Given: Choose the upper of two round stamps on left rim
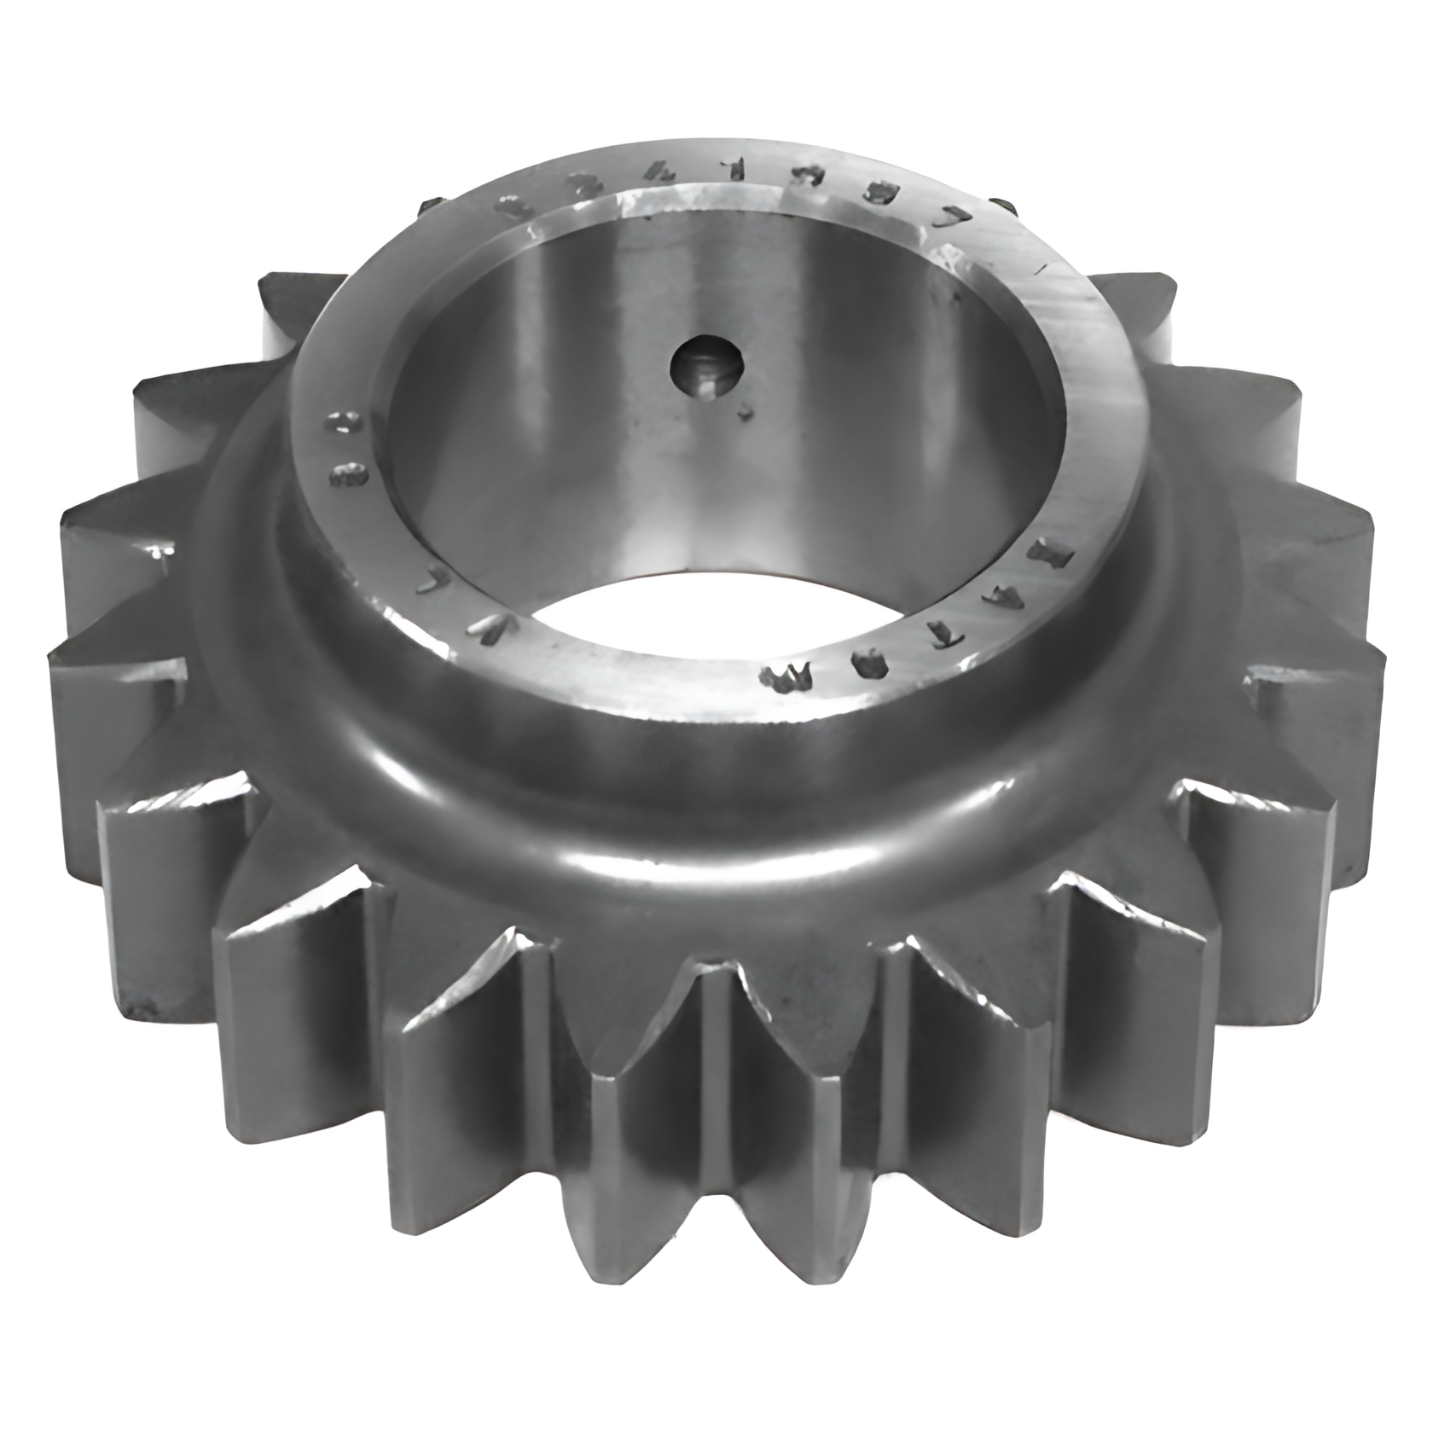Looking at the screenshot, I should [x=345, y=423].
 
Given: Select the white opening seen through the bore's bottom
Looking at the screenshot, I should [x=665, y=611].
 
